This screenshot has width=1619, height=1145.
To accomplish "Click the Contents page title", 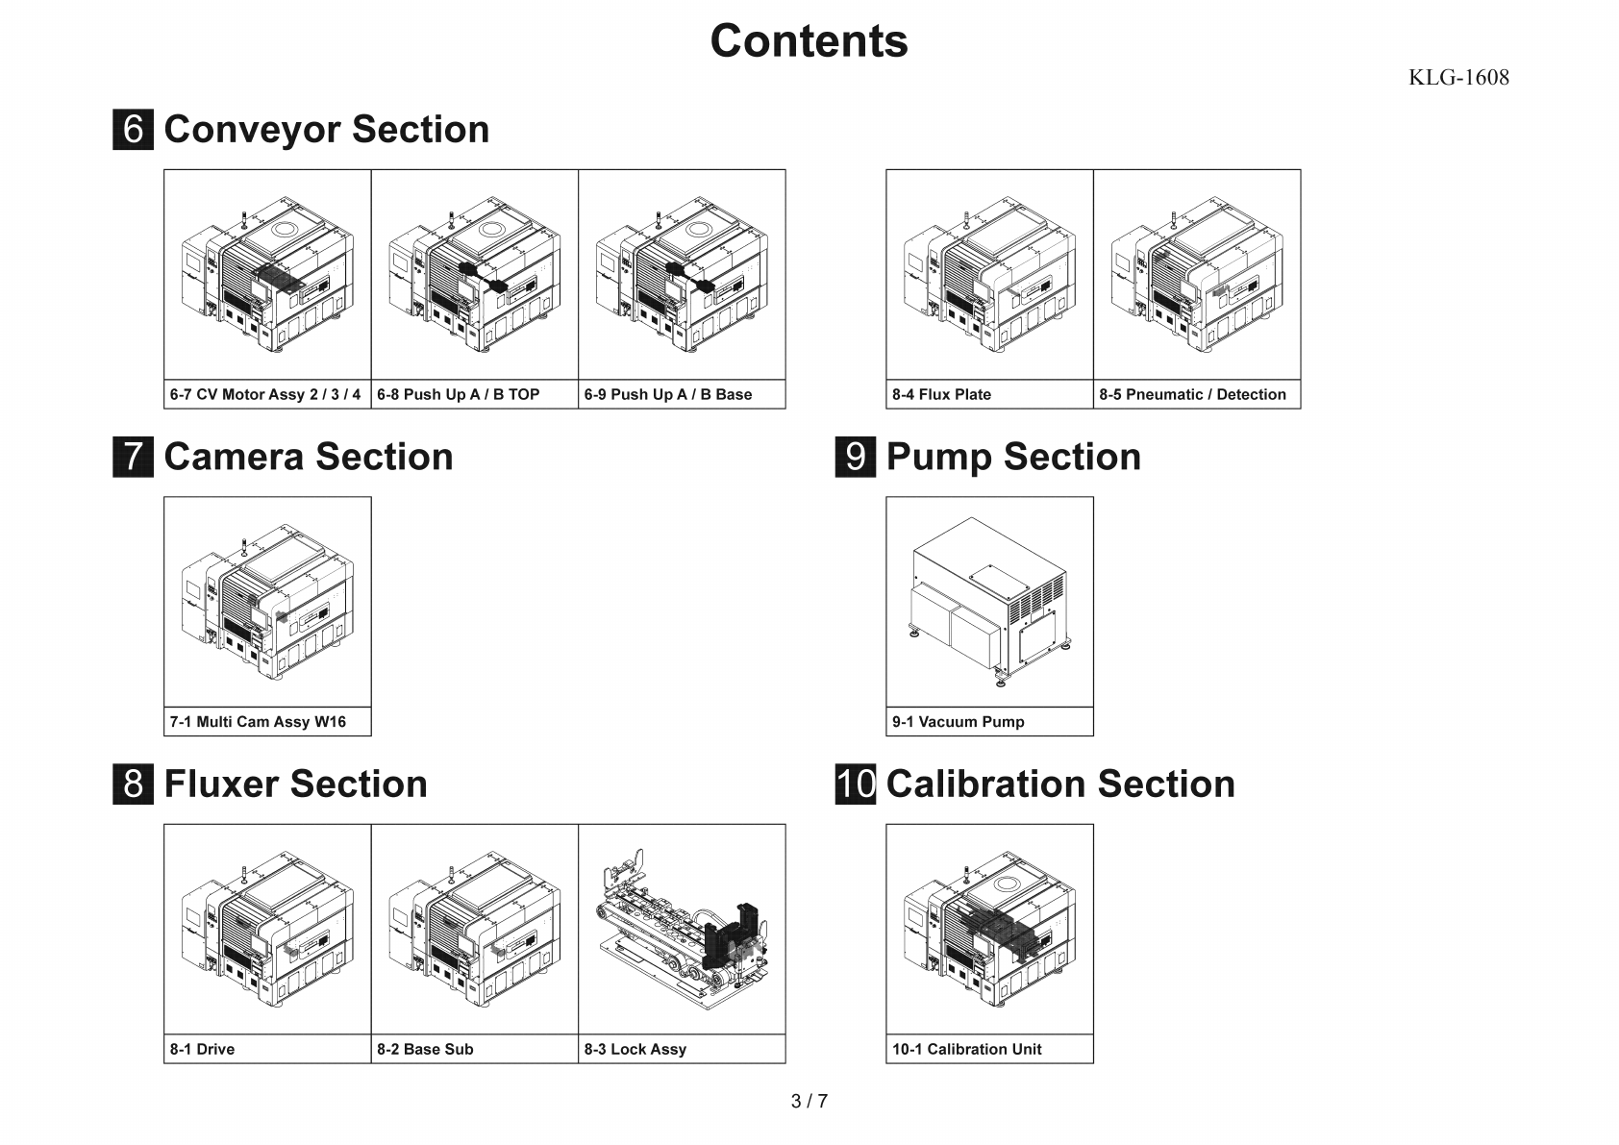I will click(809, 41).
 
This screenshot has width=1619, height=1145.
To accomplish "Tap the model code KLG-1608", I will click(1458, 78).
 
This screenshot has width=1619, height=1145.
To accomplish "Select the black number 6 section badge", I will click(133, 130).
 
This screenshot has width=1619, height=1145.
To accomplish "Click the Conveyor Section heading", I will click(327, 130).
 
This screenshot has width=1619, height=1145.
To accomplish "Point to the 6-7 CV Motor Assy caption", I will click(265, 394).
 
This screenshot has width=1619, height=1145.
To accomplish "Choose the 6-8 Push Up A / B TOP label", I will click(459, 394).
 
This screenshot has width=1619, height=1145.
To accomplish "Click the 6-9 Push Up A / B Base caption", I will click(668, 394).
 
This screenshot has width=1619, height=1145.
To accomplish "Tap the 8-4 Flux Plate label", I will click(941, 394).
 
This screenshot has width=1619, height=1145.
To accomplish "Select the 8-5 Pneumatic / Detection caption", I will click(1192, 394).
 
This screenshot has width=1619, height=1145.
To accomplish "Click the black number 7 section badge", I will click(133, 457).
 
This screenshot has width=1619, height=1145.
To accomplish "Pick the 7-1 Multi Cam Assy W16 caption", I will click(258, 722).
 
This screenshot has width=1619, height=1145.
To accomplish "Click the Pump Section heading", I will click(1013, 457).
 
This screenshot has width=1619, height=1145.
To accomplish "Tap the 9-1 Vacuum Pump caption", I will click(959, 722).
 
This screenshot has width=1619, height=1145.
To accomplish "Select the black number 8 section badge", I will click(133, 784).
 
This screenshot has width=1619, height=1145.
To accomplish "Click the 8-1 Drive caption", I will click(202, 1049).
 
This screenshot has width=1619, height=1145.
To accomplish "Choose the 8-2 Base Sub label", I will click(425, 1049).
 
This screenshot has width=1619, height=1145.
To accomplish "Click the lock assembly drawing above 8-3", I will click(682, 929).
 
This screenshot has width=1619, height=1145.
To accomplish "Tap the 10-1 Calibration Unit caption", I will click(966, 1049).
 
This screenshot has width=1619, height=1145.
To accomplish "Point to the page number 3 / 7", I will click(809, 1102).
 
